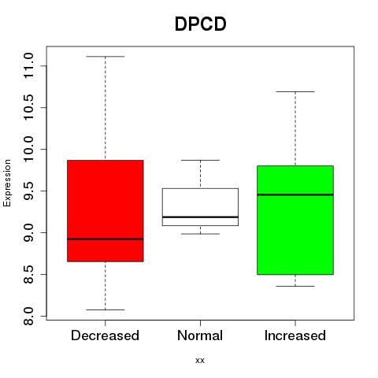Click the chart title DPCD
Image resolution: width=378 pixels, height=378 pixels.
(201, 24)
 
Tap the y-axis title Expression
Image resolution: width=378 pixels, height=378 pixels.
(7, 183)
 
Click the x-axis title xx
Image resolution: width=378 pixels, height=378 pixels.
(200, 360)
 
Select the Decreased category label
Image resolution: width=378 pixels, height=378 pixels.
(105, 335)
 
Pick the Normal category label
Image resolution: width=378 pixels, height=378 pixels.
(200, 335)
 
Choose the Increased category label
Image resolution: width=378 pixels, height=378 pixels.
(295, 335)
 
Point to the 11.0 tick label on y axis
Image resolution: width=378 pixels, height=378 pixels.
(28, 65)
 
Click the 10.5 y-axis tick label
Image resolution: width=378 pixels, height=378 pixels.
(28, 107)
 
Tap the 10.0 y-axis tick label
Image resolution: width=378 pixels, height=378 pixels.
(28, 149)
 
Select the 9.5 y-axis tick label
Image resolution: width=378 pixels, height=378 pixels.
(28, 191)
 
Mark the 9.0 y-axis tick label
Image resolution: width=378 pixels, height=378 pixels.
(28, 232)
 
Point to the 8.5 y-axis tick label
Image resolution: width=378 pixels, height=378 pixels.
(28, 274)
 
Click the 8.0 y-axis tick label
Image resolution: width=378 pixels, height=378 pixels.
(28, 316)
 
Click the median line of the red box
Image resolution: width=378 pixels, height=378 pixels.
(106, 239)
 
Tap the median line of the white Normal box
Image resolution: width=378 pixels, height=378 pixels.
(200, 217)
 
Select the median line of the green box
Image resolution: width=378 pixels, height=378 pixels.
(295, 195)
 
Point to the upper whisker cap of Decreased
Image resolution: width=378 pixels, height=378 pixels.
(106, 57)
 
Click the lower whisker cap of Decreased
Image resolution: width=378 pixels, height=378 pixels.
(106, 309)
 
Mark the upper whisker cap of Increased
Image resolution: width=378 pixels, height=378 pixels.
(295, 91)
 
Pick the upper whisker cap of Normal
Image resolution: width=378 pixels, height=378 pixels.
(200, 160)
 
